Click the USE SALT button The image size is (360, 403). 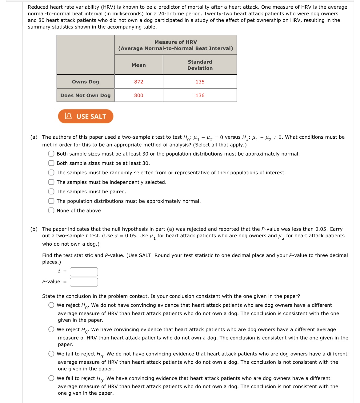click(x=86, y=116)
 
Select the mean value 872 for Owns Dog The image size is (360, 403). click(x=139, y=82)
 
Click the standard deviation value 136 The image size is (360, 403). click(x=200, y=96)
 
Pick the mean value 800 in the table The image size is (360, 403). click(x=139, y=96)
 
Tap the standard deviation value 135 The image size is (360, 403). click(x=200, y=82)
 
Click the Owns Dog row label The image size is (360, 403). click(x=86, y=82)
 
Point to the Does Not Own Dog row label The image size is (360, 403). click(x=86, y=96)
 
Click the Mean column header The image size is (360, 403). click(x=139, y=65)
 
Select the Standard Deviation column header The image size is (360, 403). click(x=200, y=65)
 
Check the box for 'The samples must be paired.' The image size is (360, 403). click(x=51, y=192)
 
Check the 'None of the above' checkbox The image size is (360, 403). click(x=51, y=211)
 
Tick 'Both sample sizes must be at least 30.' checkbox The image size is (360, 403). click(x=51, y=163)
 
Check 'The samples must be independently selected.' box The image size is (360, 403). click(x=51, y=182)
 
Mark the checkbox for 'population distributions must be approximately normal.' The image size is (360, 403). click(x=51, y=201)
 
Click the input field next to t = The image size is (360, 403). click(x=84, y=272)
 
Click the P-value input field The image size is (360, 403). click(x=84, y=282)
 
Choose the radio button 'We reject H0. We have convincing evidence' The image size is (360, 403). click(x=51, y=329)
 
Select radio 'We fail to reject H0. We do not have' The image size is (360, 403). click(x=51, y=354)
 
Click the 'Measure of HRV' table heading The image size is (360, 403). click(x=176, y=45)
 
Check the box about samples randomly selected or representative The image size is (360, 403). click(x=51, y=173)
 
